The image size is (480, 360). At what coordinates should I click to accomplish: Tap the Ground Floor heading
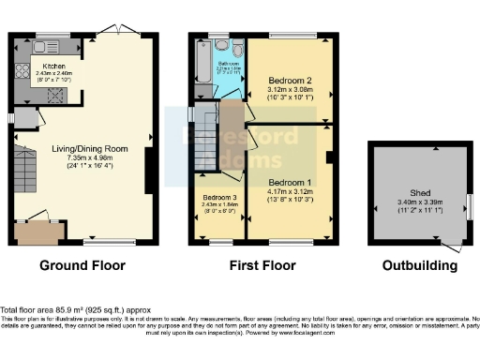coord(82,266)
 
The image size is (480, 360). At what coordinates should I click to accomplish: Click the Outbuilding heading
coord(420,266)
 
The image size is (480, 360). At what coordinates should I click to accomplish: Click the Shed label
coord(420,193)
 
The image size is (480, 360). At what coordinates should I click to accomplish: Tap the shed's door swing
coord(453,247)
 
